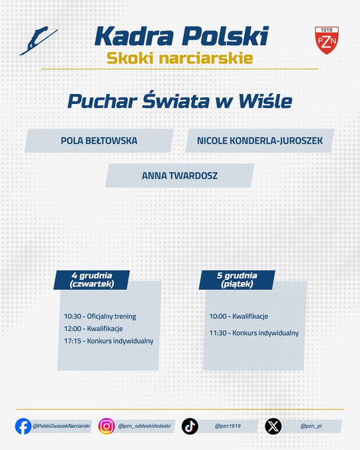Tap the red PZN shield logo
pyautogui.click(x=326, y=40)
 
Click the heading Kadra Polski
pyautogui.click(x=181, y=36)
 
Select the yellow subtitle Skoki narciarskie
pyautogui.click(x=179, y=58)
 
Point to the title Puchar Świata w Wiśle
pyautogui.click(x=179, y=101)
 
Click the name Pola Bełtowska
pyautogui.click(x=99, y=140)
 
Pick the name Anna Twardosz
pyautogui.click(x=180, y=176)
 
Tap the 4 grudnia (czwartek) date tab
pyautogui.click(x=92, y=279)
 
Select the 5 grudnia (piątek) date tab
pyautogui.click(x=237, y=279)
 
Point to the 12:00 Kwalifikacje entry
pyautogui.click(x=93, y=328)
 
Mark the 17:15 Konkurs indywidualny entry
pyautogui.click(x=109, y=341)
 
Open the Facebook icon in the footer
pyautogui.click(x=23, y=426)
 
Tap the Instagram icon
pyautogui.click(x=107, y=426)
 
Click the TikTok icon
pyautogui.click(x=190, y=426)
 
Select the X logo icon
pyautogui.click(x=273, y=426)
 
